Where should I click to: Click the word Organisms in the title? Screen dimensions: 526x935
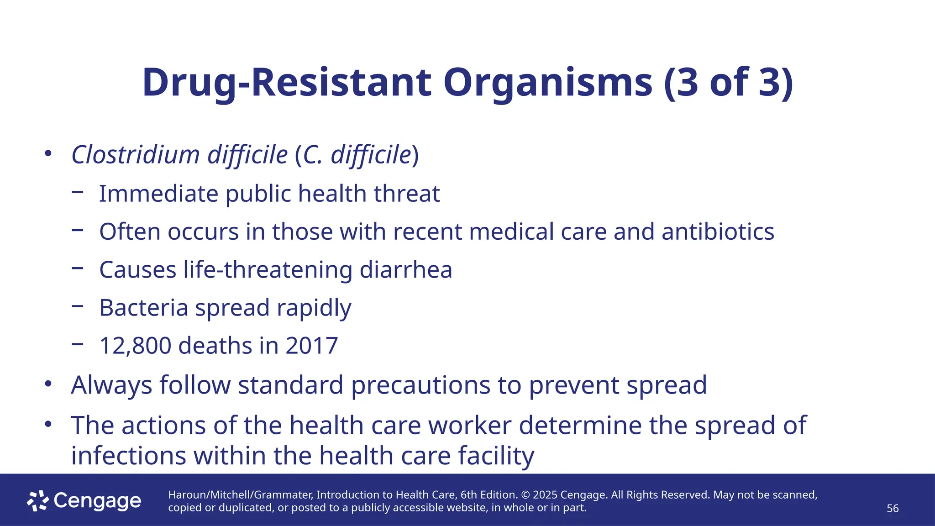point(547,83)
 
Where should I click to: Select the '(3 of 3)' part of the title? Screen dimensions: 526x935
point(728,83)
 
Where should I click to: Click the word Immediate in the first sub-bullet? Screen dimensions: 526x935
point(158,194)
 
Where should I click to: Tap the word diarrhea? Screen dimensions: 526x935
point(406,269)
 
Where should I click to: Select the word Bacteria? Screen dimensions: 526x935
point(143,307)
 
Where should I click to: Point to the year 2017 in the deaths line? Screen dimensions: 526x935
point(312,346)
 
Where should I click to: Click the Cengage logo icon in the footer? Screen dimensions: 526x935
point(37,501)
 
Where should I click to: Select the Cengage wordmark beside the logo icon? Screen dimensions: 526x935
point(97,501)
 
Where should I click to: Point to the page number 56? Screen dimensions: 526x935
point(893,509)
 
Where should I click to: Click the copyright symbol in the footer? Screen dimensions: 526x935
point(525,495)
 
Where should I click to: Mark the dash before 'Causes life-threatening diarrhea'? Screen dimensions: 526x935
point(78,268)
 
